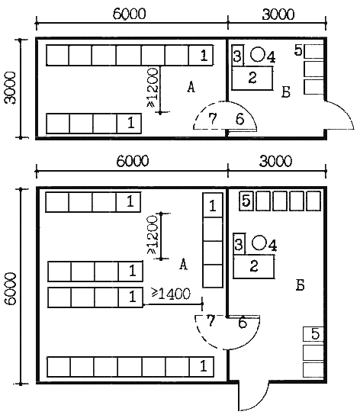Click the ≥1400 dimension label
[x=171, y=294]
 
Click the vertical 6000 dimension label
[x=11, y=288]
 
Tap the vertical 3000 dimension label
[x=11, y=88]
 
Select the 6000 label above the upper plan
[x=129, y=14]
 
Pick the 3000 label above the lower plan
[x=275, y=162]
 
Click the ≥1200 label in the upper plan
[x=153, y=88]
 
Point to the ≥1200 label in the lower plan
[x=153, y=235]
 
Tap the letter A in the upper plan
[x=191, y=87]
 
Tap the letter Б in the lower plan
[x=300, y=285]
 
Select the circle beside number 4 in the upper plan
[x=258, y=54]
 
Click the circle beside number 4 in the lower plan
[x=259, y=243]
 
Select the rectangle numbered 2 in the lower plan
[x=254, y=266]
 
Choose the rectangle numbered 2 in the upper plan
[x=252, y=78]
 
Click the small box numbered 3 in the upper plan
[x=237, y=56]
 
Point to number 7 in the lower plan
[x=211, y=321]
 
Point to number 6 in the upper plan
[x=239, y=119]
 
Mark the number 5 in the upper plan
[x=298, y=50]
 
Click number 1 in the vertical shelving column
[x=212, y=206]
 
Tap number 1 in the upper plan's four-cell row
[x=131, y=123]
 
